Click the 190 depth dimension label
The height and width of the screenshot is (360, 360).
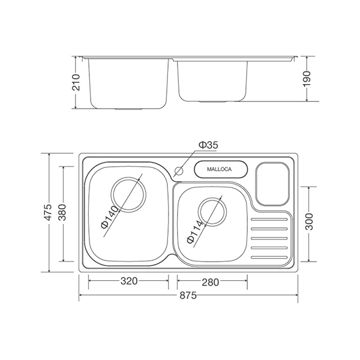pos(307,78)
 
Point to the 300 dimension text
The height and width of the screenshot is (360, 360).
pos(308,224)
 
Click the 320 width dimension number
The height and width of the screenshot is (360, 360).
pos(128,280)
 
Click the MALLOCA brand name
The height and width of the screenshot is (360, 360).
pos(220,170)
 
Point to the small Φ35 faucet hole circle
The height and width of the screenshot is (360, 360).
pos(178,170)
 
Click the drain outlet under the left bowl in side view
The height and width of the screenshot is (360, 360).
pos(128,109)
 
